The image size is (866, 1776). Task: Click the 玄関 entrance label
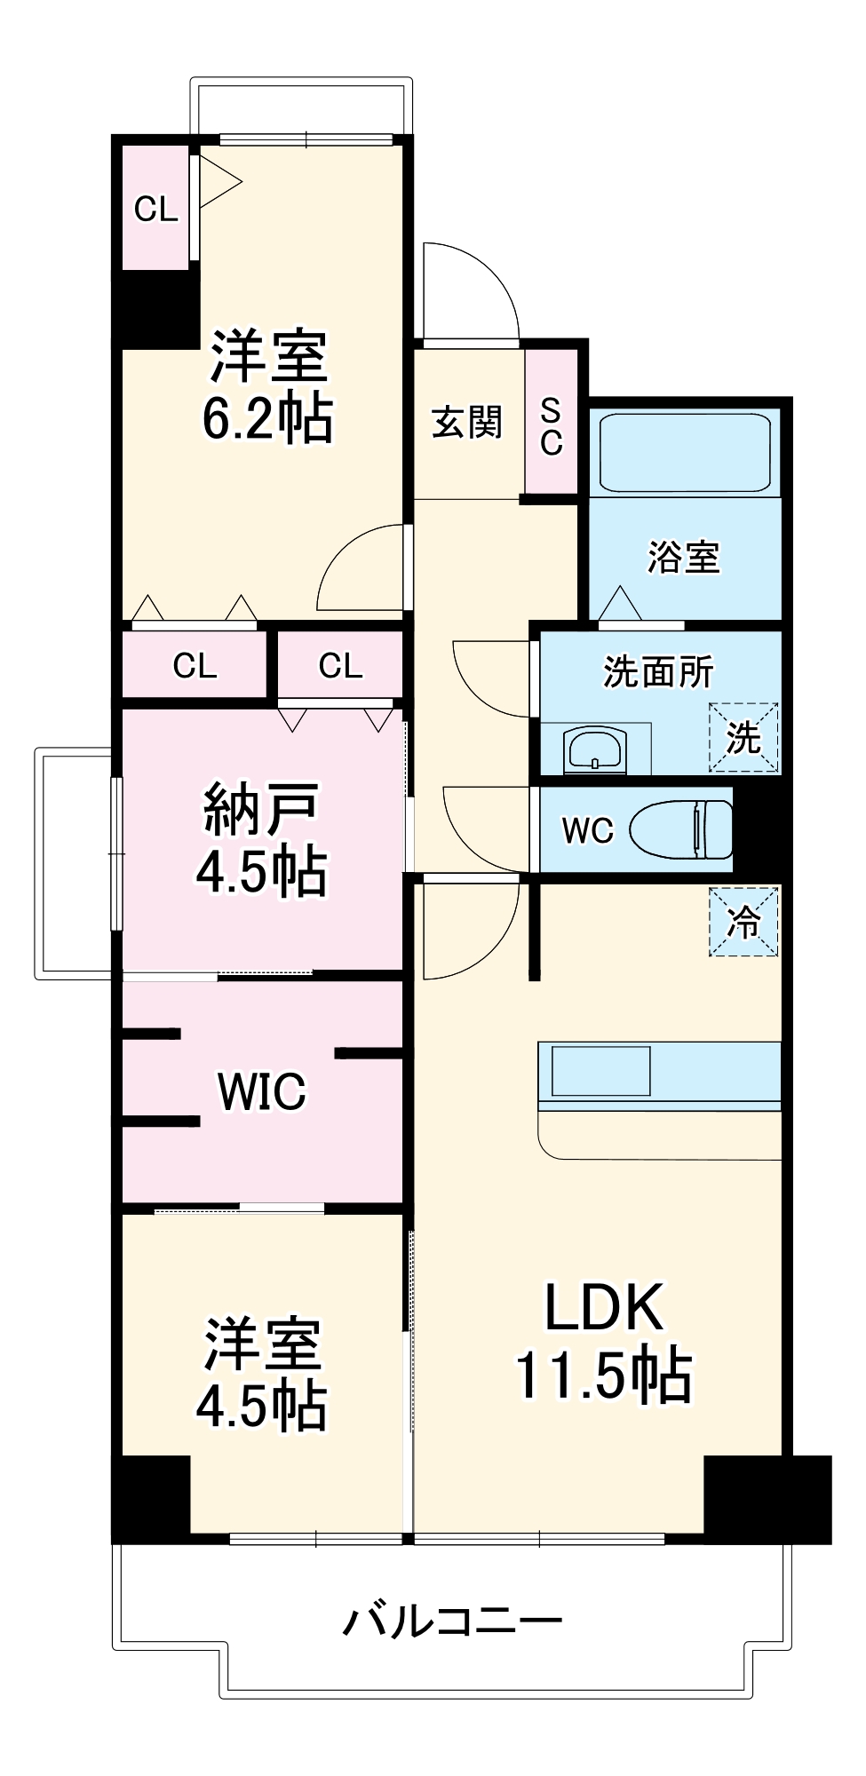click(x=467, y=422)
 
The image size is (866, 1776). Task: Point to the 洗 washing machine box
click(x=743, y=737)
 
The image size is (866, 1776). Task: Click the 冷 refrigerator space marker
click(x=743, y=922)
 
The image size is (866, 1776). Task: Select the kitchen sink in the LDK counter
click(x=601, y=1071)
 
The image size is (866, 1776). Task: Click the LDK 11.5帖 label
click(x=604, y=1341)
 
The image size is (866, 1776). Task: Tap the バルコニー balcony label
click(x=453, y=1621)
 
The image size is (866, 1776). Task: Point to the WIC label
click(x=261, y=1091)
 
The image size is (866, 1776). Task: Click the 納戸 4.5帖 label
click(x=261, y=839)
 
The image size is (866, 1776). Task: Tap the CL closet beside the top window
click(x=155, y=210)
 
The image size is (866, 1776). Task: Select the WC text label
click(x=587, y=831)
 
